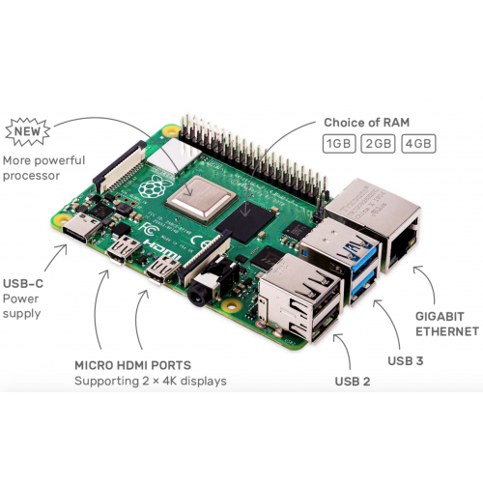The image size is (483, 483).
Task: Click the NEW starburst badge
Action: pyautogui.click(x=28, y=131)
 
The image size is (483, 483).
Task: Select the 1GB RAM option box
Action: pyautogui.click(x=339, y=144)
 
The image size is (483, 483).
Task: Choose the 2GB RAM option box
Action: pyautogui.click(x=379, y=144)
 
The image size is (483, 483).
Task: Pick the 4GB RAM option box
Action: pyautogui.click(x=418, y=144)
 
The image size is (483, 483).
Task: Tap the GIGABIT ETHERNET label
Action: pyautogui.click(x=447, y=324)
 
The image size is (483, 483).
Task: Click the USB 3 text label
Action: pyautogui.click(x=406, y=361)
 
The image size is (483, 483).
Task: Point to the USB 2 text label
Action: pyautogui.click(x=353, y=382)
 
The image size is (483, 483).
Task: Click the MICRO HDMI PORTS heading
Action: pyautogui.click(x=132, y=365)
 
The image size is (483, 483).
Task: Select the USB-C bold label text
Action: pyautogui.click(x=23, y=284)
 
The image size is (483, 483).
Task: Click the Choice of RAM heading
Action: pyautogui.click(x=367, y=123)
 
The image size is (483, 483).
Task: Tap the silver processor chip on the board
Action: pyautogui.click(x=202, y=200)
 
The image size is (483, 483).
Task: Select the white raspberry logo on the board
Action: pyautogui.click(x=152, y=187)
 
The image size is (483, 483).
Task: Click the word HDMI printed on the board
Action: pyautogui.click(x=162, y=249)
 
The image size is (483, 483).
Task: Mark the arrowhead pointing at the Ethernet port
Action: pyautogui.click(x=417, y=270)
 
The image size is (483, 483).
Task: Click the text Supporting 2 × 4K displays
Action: pyautogui.click(x=151, y=382)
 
